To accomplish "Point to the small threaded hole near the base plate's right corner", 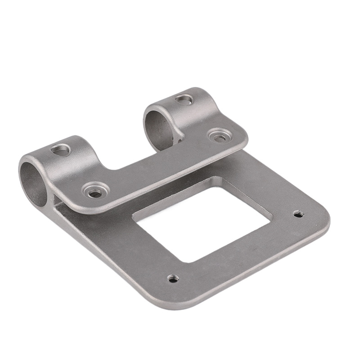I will click(297, 214).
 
